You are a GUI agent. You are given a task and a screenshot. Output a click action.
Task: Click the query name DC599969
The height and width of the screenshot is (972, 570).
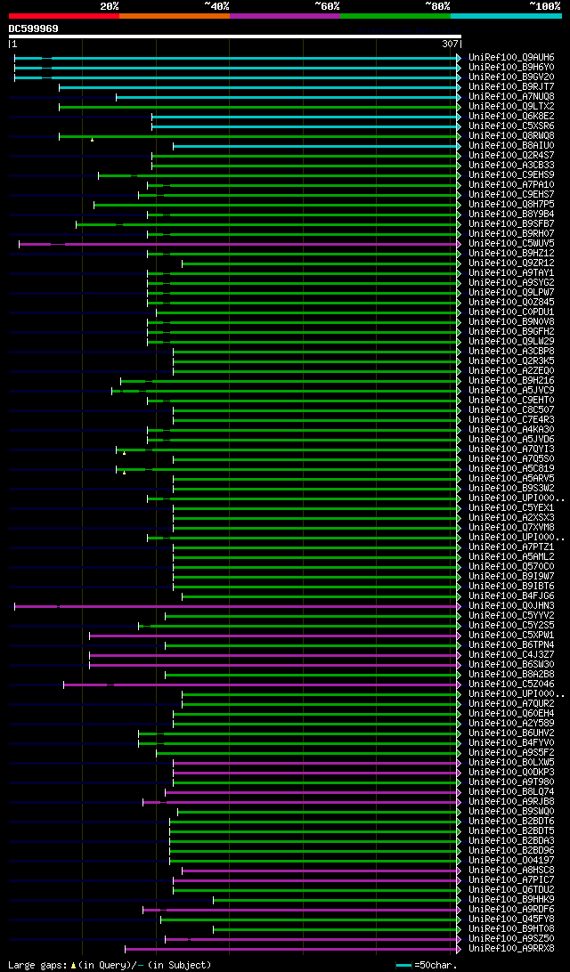(34, 28)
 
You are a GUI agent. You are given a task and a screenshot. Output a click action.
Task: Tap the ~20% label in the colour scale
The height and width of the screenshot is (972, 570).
(110, 5)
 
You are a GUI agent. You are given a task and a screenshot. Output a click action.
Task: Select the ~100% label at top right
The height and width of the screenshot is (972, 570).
(544, 5)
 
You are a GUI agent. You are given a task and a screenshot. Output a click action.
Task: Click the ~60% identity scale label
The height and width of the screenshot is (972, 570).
(327, 5)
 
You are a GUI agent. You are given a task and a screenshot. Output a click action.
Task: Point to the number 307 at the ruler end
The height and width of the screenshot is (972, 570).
(450, 44)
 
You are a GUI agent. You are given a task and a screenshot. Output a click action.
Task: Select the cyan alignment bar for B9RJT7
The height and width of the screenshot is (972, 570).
(258, 86)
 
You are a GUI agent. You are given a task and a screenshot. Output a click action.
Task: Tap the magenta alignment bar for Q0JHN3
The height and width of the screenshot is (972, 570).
(258, 606)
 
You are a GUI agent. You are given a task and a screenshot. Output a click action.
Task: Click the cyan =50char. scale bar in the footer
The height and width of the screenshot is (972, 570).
(404, 965)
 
